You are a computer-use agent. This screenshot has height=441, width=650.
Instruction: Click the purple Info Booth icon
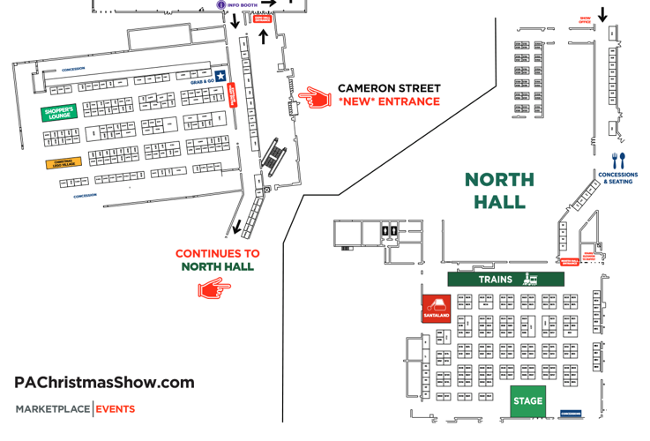(221, 4)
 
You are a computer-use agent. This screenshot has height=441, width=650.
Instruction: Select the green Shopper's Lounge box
(60, 112)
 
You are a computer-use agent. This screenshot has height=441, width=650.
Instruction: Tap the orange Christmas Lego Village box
(63, 163)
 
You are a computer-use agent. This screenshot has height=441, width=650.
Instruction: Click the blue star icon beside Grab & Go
(220, 76)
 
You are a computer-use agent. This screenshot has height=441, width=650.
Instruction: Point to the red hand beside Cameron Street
(313, 95)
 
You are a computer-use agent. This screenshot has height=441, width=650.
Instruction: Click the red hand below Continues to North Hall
(213, 288)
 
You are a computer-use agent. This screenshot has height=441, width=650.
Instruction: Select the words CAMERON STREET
(388, 89)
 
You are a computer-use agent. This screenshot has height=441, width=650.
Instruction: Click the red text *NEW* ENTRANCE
(388, 101)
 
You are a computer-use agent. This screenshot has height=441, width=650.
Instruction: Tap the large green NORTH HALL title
(499, 191)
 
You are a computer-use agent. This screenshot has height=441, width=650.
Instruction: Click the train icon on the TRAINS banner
(531, 280)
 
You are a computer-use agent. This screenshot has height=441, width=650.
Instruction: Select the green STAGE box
(527, 401)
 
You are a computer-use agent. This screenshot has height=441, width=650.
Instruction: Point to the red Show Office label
(585, 19)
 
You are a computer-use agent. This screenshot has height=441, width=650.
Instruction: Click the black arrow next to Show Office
(603, 14)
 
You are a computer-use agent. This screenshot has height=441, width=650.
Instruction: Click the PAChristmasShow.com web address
(104, 382)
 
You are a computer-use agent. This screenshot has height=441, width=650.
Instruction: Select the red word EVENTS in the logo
(116, 409)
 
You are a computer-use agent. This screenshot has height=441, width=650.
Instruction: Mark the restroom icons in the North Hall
(389, 233)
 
